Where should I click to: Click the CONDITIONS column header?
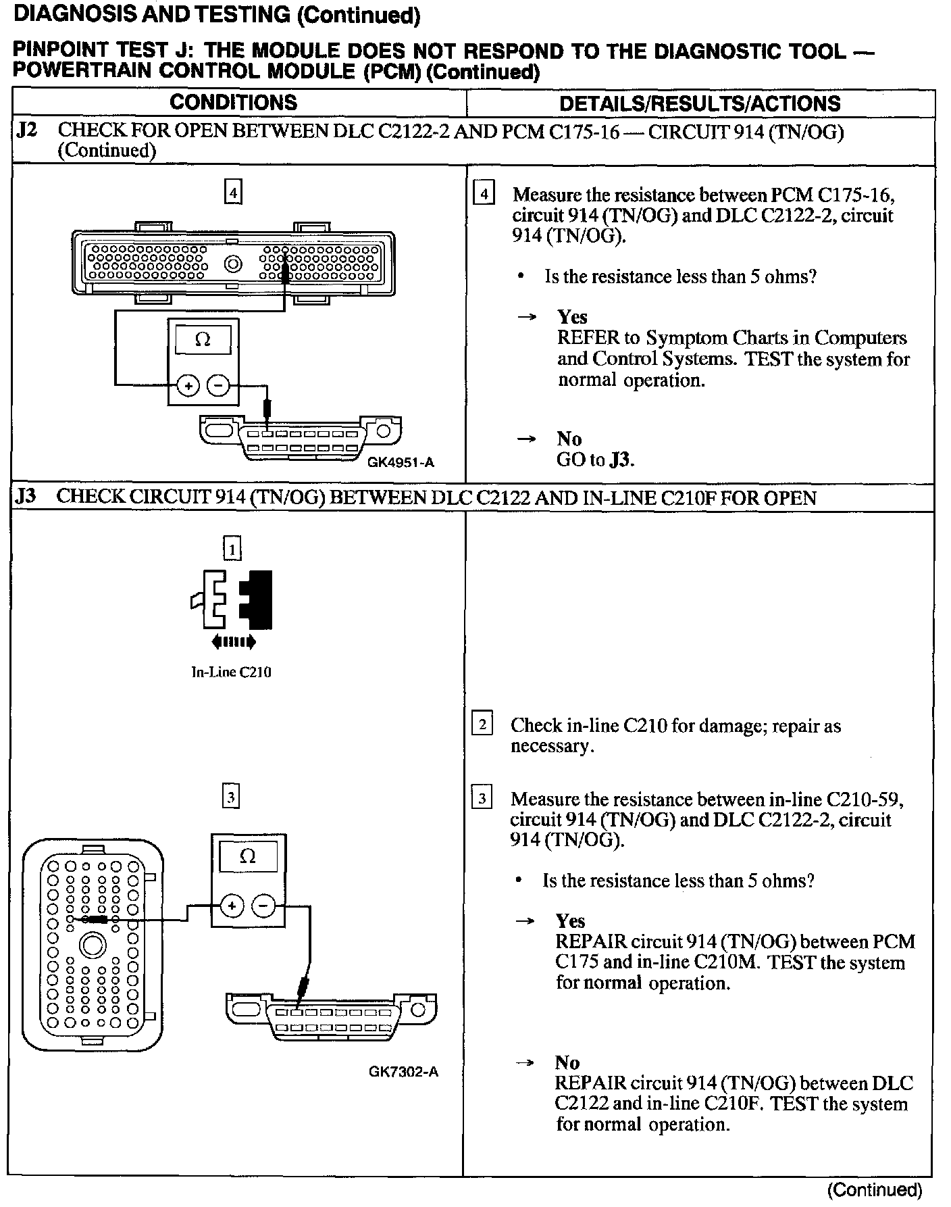pos(233,103)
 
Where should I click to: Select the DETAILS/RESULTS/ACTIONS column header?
pos(700,103)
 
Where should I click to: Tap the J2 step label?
pos(26,130)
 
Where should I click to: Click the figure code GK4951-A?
pos(401,463)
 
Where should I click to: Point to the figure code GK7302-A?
pos(403,1071)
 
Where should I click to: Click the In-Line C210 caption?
pos(232,672)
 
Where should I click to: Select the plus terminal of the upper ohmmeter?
pos(188,386)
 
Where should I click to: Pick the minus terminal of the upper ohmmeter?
pos(218,386)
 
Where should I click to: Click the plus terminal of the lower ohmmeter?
pos(232,906)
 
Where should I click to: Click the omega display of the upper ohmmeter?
pos(203,339)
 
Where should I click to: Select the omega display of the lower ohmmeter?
pos(248,858)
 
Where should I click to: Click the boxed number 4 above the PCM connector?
pos(233,193)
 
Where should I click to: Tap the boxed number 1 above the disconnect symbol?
pos(232,549)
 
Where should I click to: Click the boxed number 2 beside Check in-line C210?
pos(482,725)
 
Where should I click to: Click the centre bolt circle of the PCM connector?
pos(234,264)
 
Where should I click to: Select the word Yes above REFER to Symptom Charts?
pos(572,317)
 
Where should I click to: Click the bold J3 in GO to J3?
pos(621,460)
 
